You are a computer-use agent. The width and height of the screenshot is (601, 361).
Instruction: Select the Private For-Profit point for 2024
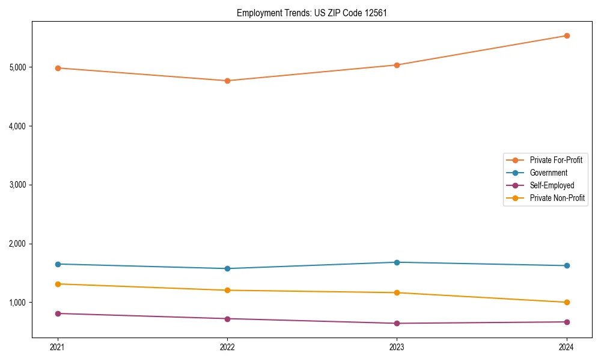coord(567,35)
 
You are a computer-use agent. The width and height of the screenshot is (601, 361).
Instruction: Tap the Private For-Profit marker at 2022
coord(227,81)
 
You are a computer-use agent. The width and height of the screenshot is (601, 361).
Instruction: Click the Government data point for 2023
coord(397,262)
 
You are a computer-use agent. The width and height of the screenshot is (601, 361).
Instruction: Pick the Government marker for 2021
coord(58,264)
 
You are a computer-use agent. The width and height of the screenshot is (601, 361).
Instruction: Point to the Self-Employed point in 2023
coord(397,323)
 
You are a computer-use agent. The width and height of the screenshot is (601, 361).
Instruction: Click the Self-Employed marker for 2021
coord(58,313)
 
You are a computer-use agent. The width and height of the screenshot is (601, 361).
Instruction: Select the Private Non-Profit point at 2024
coord(567,302)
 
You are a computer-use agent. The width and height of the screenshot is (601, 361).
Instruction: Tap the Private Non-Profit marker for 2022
coord(227,290)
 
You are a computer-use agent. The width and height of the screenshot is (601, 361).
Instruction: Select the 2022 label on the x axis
coord(227,347)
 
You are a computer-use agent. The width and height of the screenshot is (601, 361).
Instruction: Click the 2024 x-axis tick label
coord(567,347)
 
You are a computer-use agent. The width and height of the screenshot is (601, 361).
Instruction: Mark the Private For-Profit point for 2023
coord(397,65)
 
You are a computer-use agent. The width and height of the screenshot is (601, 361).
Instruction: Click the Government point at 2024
coord(567,265)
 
